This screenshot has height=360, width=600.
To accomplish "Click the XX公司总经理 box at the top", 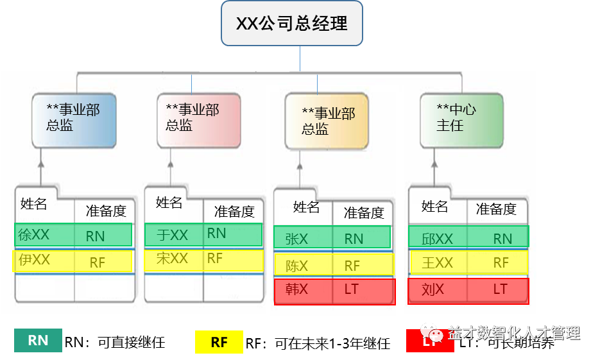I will click(x=291, y=24).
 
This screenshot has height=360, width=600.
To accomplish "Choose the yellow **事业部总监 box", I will click(x=328, y=121).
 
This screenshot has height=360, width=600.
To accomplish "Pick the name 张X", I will click(x=296, y=239).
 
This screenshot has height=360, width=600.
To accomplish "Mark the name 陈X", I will click(x=296, y=265).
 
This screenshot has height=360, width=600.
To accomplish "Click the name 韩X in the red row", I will click(x=296, y=289).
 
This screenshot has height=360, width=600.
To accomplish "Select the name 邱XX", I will click(x=437, y=239).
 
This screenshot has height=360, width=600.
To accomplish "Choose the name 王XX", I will click(x=437, y=262).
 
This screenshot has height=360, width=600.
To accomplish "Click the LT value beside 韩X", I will click(x=351, y=289).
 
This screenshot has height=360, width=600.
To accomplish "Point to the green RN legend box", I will click(x=39, y=341).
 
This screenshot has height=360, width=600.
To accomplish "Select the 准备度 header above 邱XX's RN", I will click(x=495, y=209).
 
